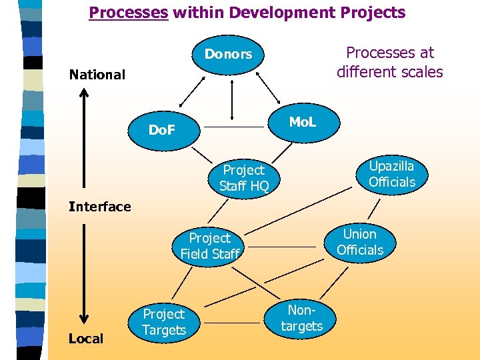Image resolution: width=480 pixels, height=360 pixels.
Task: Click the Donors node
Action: click(x=228, y=54)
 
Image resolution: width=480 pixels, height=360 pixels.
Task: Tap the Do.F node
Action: click(x=161, y=130)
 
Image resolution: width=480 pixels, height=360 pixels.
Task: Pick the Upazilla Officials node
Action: click(x=391, y=174)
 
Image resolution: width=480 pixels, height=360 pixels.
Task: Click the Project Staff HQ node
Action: click(x=244, y=178)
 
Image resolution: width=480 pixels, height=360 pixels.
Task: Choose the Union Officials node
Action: click(x=360, y=242)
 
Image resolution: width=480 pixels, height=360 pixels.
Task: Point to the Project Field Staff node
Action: click(x=210, y=245)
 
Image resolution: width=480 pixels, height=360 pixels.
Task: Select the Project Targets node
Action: click(x=164, y=321)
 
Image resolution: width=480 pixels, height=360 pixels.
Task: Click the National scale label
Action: click(x=97, y=75)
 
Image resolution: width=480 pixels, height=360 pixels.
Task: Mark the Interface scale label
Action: click(x=100, y=207)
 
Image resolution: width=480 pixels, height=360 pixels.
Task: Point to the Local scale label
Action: click(x=86, y=339)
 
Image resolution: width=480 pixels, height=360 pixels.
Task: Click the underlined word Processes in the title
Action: click(x=129, y=13)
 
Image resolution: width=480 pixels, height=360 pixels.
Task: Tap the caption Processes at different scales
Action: click(x=389, y=62)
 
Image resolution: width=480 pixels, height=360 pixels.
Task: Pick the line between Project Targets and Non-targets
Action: click(x=233, y=323)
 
